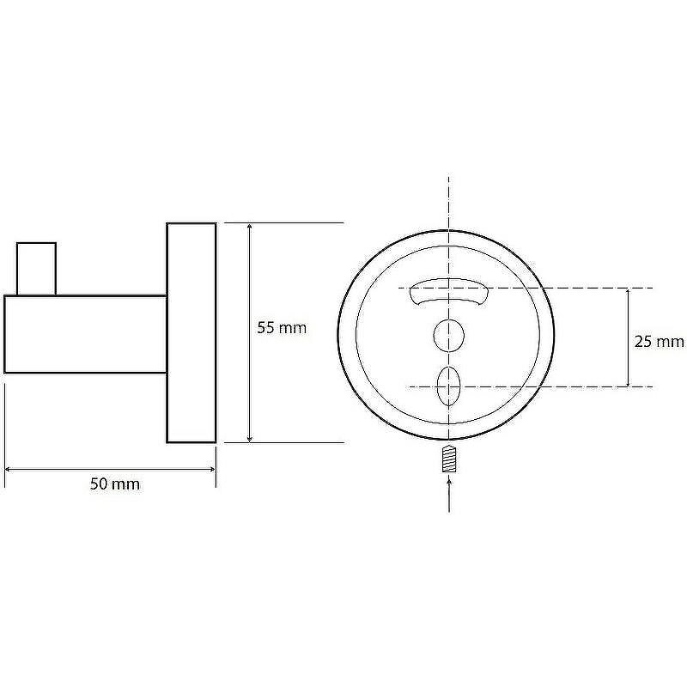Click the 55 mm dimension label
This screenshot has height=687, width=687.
click(282, 328)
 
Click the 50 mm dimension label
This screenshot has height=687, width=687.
click(115, 484)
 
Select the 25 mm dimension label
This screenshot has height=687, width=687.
click(659, 341)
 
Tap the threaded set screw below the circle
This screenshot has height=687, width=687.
click(449, 459)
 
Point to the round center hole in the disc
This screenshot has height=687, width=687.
click(448, 336)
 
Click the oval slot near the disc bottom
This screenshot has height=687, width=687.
click(448, 386)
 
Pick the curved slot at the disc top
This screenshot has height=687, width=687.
click(448, 291)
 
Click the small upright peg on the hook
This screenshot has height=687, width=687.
click(36, 269)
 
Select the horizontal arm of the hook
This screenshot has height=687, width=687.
click(85, 334)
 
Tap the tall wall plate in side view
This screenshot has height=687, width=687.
click(192, 333)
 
